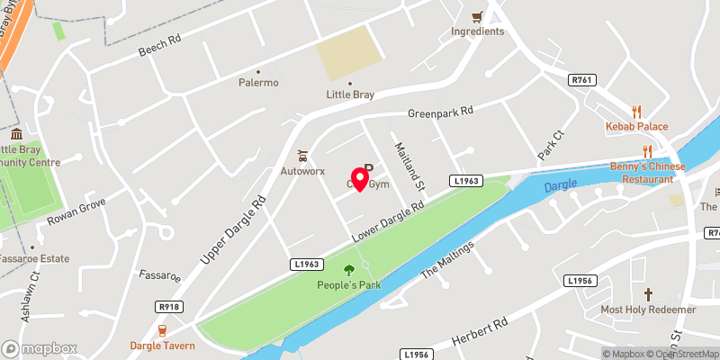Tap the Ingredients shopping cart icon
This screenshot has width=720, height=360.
pyautogui.click(x=477, y=17)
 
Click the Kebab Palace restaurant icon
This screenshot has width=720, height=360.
pyautogui.click(x=636, y=112)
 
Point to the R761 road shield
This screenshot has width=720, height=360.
pyautogui.click(x=582, y=80)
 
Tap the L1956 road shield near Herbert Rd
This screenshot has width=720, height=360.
pyautogui.click(x=580, y=282)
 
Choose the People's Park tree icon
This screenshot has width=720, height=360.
pyautogui.click(x=349, y=269)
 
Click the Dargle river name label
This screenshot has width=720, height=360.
pyautogui.click(x=562, y=185)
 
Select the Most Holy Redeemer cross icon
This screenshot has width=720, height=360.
pyautogui.click(x=648, y=294)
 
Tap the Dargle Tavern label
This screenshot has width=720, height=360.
pyautogui.click(x=163, y=345)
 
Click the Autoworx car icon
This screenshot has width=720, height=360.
pyautogui.click(x=302, y=155)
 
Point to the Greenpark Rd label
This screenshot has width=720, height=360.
pyautogui.click(x=440, y=113)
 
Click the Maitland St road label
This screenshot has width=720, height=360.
pyautogui.click(x=406, y=166)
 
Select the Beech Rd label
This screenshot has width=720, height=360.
pyautogui.click(x=160, y=46)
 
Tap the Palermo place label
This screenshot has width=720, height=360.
pyautogui.click(x=258, y=83)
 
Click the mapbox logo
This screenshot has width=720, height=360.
pyautogui.click(x=40, y=348)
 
